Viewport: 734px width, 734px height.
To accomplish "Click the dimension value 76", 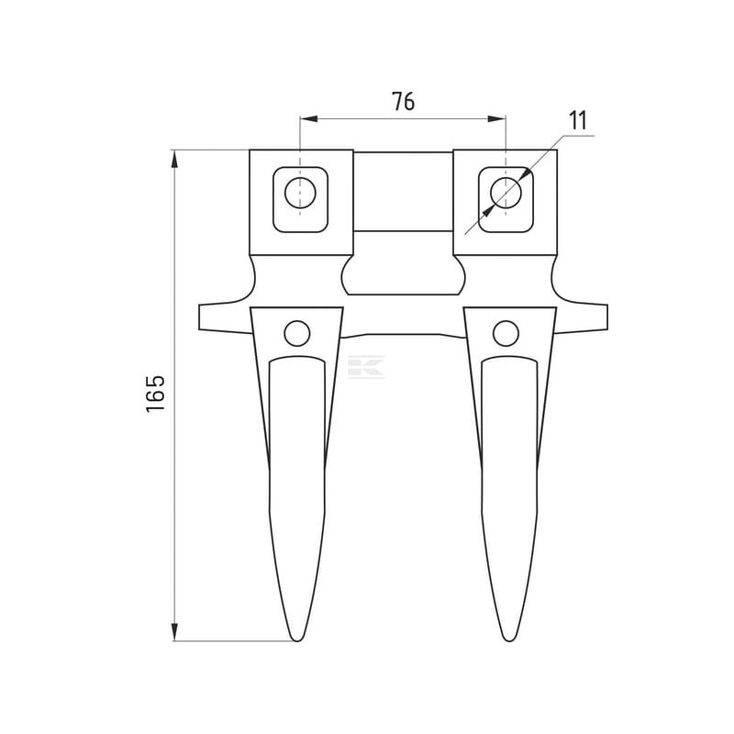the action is point(403,101).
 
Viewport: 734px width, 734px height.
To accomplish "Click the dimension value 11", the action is point(578,121).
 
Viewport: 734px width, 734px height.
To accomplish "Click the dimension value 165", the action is point(156,394).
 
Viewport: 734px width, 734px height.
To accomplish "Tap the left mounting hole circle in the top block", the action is point(300,193).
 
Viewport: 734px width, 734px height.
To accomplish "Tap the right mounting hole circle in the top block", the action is point(506,193).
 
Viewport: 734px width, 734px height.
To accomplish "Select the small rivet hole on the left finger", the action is point(296,333).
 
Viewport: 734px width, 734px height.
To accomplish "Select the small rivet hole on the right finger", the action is point(506,333).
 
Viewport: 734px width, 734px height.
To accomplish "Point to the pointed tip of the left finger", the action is point(297,640).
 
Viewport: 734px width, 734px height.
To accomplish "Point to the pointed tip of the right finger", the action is point(509,640).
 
